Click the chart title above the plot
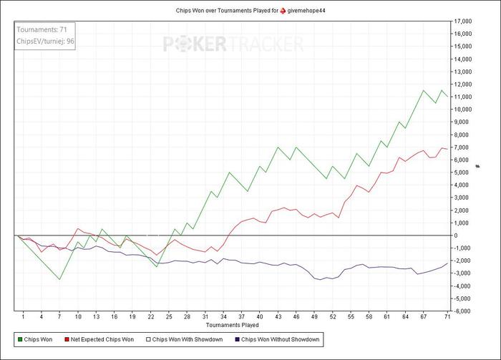(250, 11)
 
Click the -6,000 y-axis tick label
(465, 311)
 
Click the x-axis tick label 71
(447, 317)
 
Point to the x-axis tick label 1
(24, 317)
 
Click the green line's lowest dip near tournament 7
(59, 279)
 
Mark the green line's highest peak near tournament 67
(423, 90)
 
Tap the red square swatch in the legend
(67, 339)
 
